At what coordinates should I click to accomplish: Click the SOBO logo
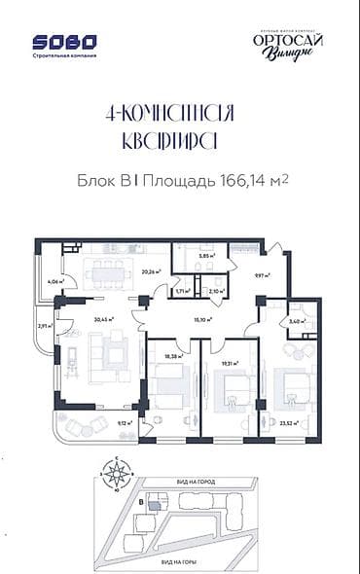click(65, 43)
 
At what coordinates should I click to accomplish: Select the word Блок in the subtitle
click(95, 181)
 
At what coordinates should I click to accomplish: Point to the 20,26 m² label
click(150, 273)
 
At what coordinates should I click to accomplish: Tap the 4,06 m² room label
click(54, 282)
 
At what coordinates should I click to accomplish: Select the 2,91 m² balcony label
click(44, 327)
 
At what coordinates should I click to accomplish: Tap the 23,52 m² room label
click(288, 423)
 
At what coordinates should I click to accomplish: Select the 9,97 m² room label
click(261, 275)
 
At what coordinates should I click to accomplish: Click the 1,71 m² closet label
click(181, 290)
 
